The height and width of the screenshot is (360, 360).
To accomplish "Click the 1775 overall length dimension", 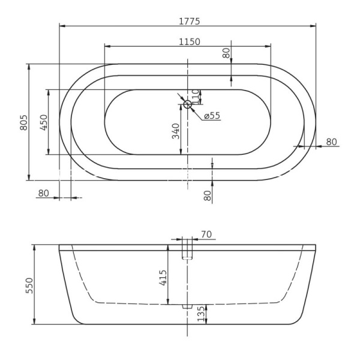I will [x=188, y=20].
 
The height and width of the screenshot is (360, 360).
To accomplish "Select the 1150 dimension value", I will [x=188, y=41].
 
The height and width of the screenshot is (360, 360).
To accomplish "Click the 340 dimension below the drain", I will [x=176, y=131].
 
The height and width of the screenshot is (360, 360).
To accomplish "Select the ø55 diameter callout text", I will [x=212, y=116].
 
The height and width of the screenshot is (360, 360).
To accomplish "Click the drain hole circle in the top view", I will [x=187, y=104].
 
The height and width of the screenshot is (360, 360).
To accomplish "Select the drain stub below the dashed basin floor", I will [x=187, y=307].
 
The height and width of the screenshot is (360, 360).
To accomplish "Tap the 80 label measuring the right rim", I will [x=331, y=142].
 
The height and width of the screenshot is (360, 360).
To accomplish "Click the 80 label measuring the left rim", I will [x=43, y=193].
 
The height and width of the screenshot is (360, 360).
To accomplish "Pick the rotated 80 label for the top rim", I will [x=226, y=53].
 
